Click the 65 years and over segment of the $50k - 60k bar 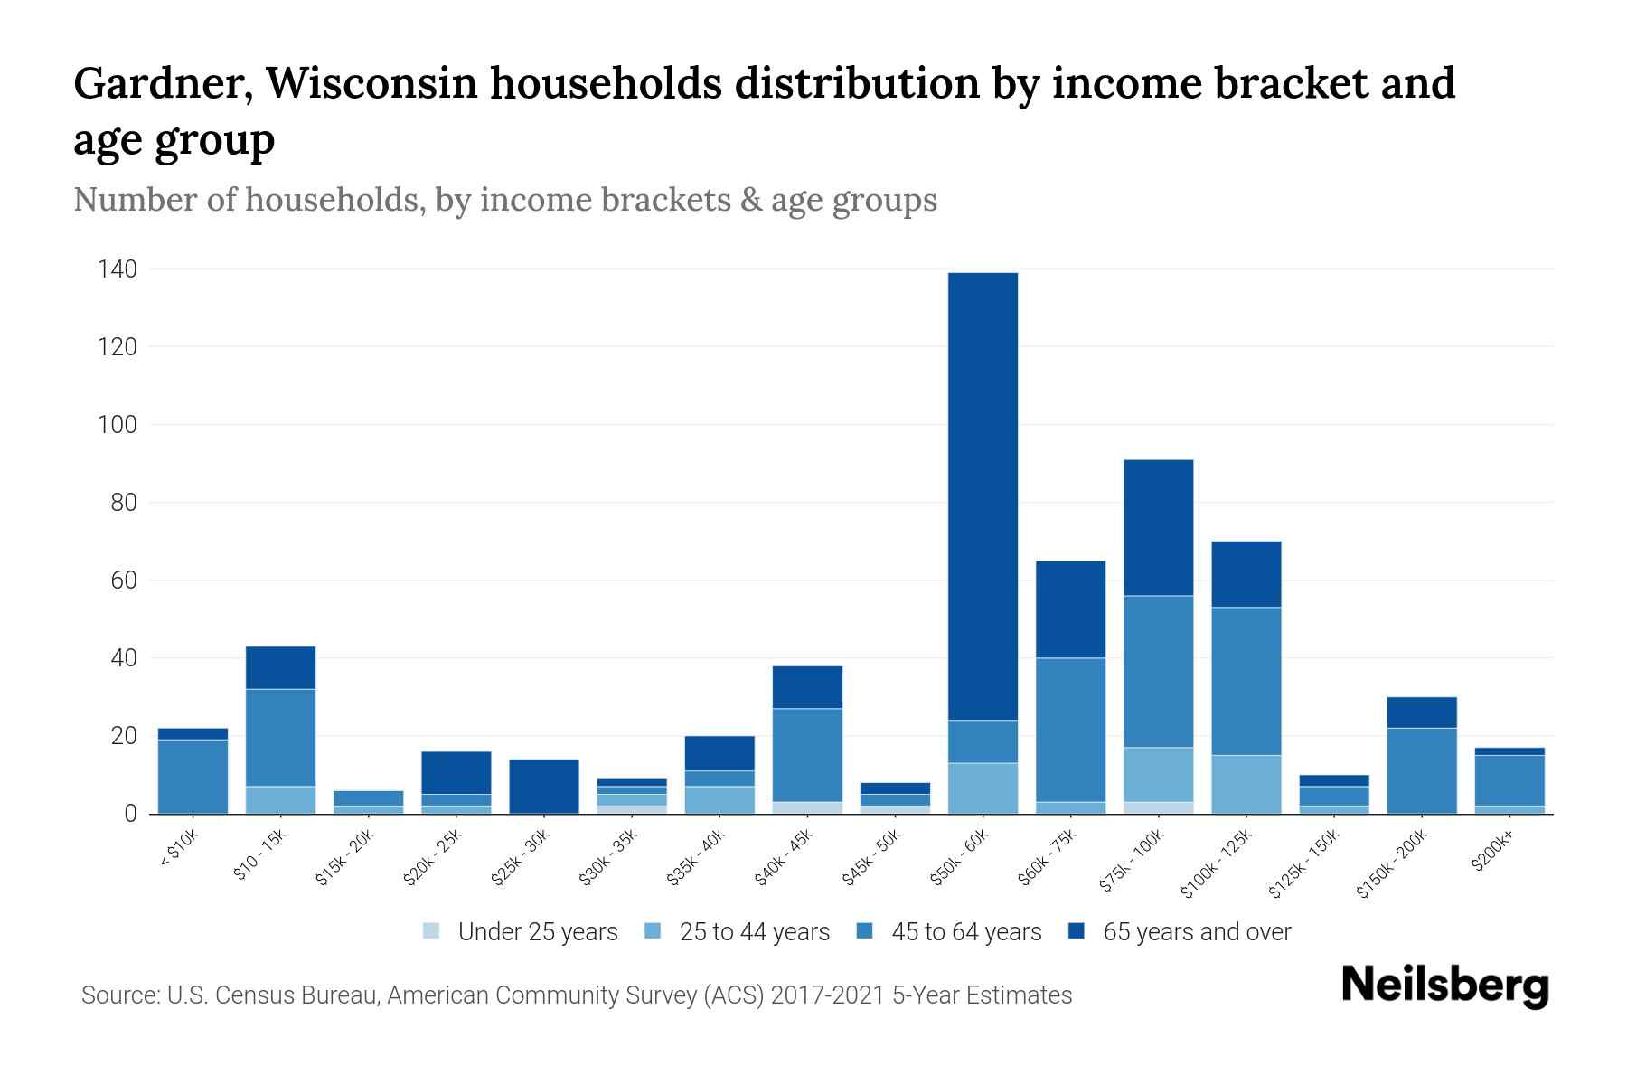[983, 495]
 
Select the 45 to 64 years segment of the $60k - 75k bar [1070, 729]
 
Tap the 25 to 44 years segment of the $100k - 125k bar [1246, 784]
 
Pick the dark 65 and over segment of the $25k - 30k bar [544, 786]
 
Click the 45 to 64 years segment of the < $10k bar [193, 776]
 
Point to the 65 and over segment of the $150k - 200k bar [1422, 712]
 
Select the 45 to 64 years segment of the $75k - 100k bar [1158, 671]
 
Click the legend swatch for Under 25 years [432, 931]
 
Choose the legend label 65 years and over [1197, 931]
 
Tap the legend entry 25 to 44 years [754, 931]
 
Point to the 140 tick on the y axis [118, 269]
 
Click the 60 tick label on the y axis [125, 580]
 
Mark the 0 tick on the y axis [131, 814]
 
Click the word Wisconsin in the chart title [371, 83]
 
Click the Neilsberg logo [1444, 985]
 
